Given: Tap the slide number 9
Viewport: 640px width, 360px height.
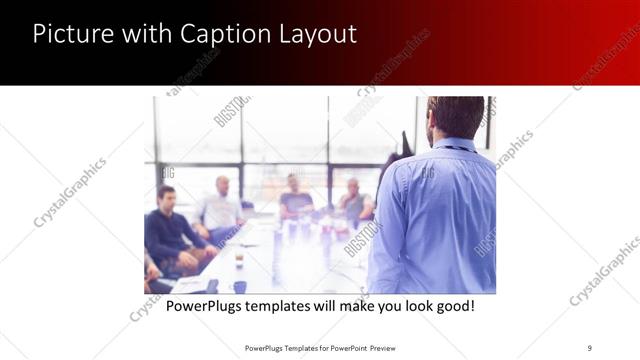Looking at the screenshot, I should (589, 348).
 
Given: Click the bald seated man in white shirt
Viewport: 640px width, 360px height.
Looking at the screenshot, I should (221, 205).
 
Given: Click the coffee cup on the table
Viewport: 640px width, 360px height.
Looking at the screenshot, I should (239, 258).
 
